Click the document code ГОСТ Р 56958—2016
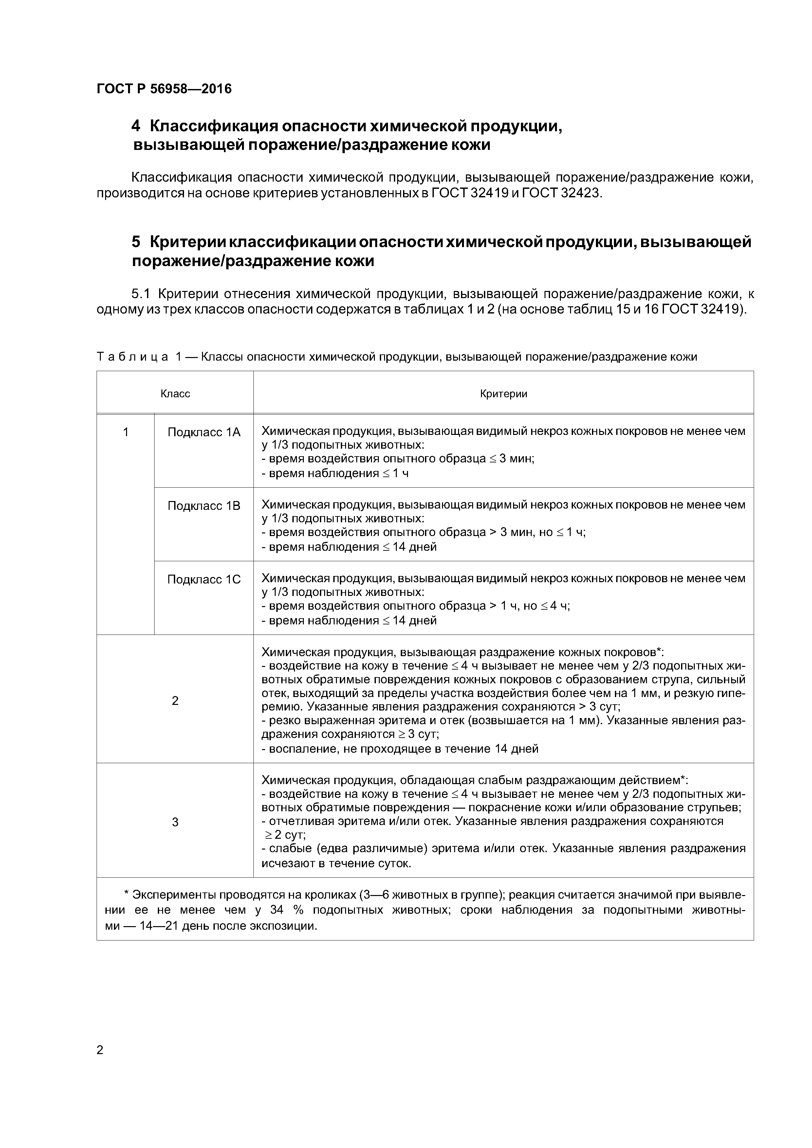click(x=164, y=89)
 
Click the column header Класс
click(x=175, y=393)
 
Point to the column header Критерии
click(x=503, y=393)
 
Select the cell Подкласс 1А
click(x=204, y=432)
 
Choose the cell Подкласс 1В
click(x=204, y=506)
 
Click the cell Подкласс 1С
click(x=204, y=579)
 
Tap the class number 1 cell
click(x=126, y=432)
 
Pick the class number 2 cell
click(x=175, y=701)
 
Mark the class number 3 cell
click(x=175, y=822)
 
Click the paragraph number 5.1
click(x=141, y=294)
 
